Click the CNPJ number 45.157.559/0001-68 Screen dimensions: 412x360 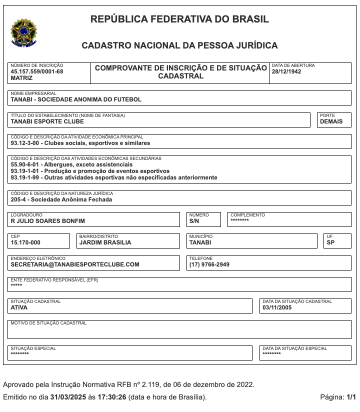(37, 71)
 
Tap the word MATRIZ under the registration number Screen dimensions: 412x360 (21, 78)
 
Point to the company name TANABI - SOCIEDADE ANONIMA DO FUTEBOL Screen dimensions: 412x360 (76, 99)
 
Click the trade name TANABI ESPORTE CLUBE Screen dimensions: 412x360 (47, 121)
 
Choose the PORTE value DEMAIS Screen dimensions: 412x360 (331, 121)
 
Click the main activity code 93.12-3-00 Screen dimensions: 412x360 (25, 143)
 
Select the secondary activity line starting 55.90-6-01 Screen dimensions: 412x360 (71, 164)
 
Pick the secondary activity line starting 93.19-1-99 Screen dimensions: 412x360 (113, 177)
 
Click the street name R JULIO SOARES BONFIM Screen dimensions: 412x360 (47, 221)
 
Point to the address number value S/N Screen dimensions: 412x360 (194, 221)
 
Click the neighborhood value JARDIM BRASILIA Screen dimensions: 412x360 (105, 242)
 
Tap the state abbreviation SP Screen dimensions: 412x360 (330, 242)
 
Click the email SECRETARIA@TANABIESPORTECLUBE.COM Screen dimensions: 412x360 (75, 264)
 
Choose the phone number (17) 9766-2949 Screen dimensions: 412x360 (209, 264)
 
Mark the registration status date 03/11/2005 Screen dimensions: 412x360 (277, 307)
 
